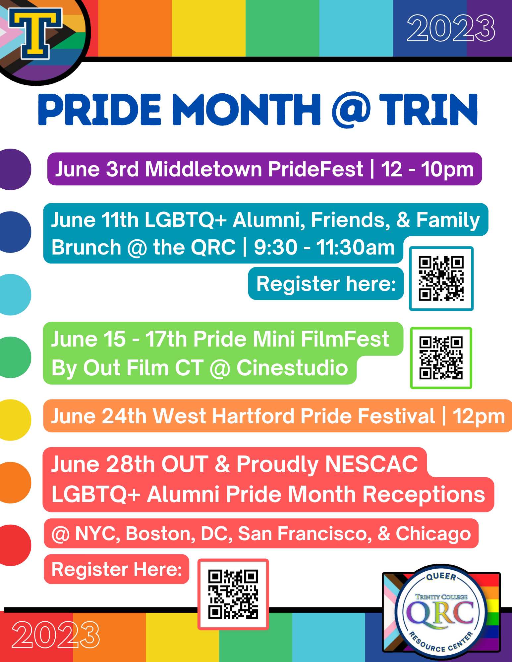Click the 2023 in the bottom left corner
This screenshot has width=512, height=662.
(x=55, y=635)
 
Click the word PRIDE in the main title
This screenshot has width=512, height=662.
(x=100, y=110)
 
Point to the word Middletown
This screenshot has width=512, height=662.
(x=203, y=169)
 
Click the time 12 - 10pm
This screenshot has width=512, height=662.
(x=427, y=169)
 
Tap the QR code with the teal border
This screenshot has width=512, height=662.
(x=441, y=278)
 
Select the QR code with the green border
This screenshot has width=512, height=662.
(x=441, y=358)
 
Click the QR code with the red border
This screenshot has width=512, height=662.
(x=233, y=594)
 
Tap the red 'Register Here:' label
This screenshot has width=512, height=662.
(x=117, y=569)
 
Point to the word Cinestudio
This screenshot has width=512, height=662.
(x=292, y=368)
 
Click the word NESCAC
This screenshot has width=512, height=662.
(x=371, y=464)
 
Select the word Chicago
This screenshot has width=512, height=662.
(x=433, y=534)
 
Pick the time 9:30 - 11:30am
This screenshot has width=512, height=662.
(x=324, y=247)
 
